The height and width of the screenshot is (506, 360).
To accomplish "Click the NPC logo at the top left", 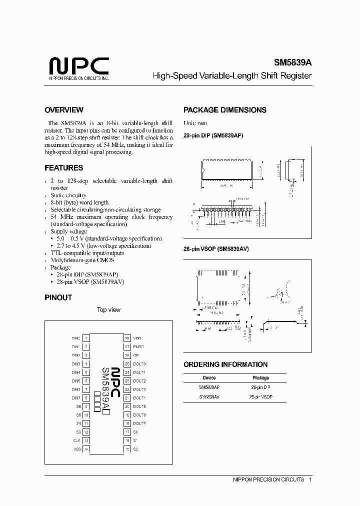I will [x=78, y=67].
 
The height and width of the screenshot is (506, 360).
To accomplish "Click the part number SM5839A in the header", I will [x=292, y=63].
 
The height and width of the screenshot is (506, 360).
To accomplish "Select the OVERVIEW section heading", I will [x=64, y=110].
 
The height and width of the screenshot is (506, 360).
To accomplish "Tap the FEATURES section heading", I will [x=64, y=168].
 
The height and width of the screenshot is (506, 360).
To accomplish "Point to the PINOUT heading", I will [x=58, y=297].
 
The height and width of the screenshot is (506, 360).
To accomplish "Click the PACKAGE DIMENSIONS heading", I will [x=225, y=110].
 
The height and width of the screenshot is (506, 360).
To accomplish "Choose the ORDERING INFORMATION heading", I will [x=225, y=364].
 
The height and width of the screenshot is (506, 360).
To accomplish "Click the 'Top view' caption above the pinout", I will [x=108, y=310].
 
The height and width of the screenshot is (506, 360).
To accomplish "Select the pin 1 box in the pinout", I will [x=86, y=338].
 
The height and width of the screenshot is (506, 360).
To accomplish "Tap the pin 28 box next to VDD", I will [x=127, y=338].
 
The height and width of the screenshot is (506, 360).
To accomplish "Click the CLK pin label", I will [x=76, y=440].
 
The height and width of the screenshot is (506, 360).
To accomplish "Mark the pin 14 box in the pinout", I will [x=86, y=449].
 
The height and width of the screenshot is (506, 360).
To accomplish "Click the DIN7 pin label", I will [x=76, y=398].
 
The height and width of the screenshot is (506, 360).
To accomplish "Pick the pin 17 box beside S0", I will [x=127, y=432].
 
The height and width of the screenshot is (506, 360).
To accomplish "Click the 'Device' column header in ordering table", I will [x=209, y=378].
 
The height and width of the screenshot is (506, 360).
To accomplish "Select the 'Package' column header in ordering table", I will [x=260, y=378].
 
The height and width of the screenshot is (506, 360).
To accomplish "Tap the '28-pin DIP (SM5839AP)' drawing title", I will [x=213, y=136].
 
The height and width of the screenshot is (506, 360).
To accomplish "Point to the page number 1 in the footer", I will [x=310, y=479].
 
